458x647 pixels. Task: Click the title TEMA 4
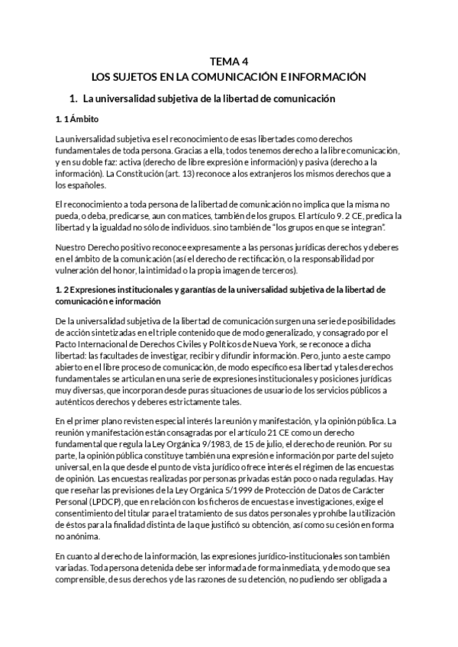point(229,63)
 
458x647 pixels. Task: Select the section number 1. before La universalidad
point(73,99)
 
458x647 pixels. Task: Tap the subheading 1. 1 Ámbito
point(76,120)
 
